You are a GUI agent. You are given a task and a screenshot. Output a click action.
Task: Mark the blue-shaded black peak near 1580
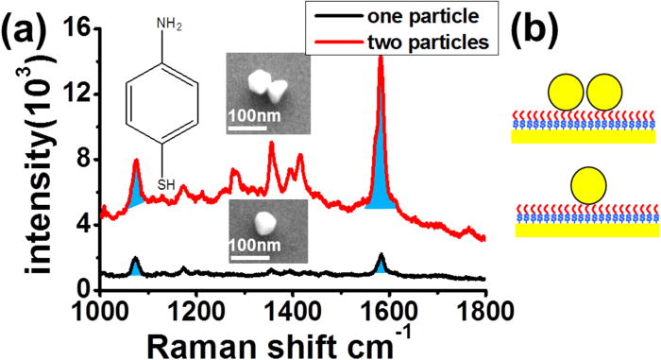coord(381,265)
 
